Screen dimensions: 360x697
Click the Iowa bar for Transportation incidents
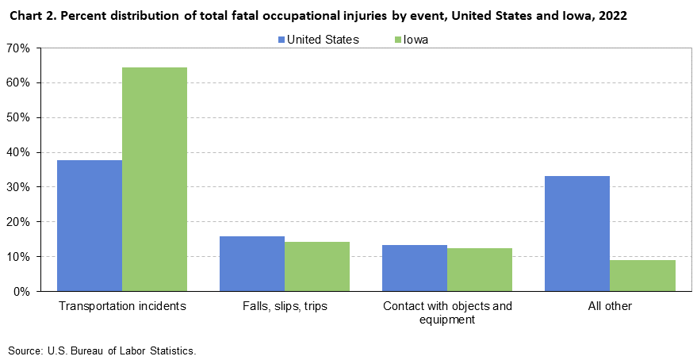(155, 179)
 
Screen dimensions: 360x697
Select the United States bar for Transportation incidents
(90, 226)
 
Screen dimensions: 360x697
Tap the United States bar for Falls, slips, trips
(252, 264)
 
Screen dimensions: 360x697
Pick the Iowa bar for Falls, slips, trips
(317, 266)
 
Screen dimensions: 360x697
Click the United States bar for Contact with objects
(415, 268)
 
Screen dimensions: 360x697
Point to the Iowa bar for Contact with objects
(480, 270)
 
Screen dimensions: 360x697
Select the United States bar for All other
(577, 234)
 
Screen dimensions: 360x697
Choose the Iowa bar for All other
(642, 276)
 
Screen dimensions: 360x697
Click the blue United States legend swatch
(281, 40)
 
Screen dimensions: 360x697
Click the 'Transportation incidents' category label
(122, 306)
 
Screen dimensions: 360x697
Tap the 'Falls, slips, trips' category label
(285, 306)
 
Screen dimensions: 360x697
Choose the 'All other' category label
(610, 306)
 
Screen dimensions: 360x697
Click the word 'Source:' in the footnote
(24, 349)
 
